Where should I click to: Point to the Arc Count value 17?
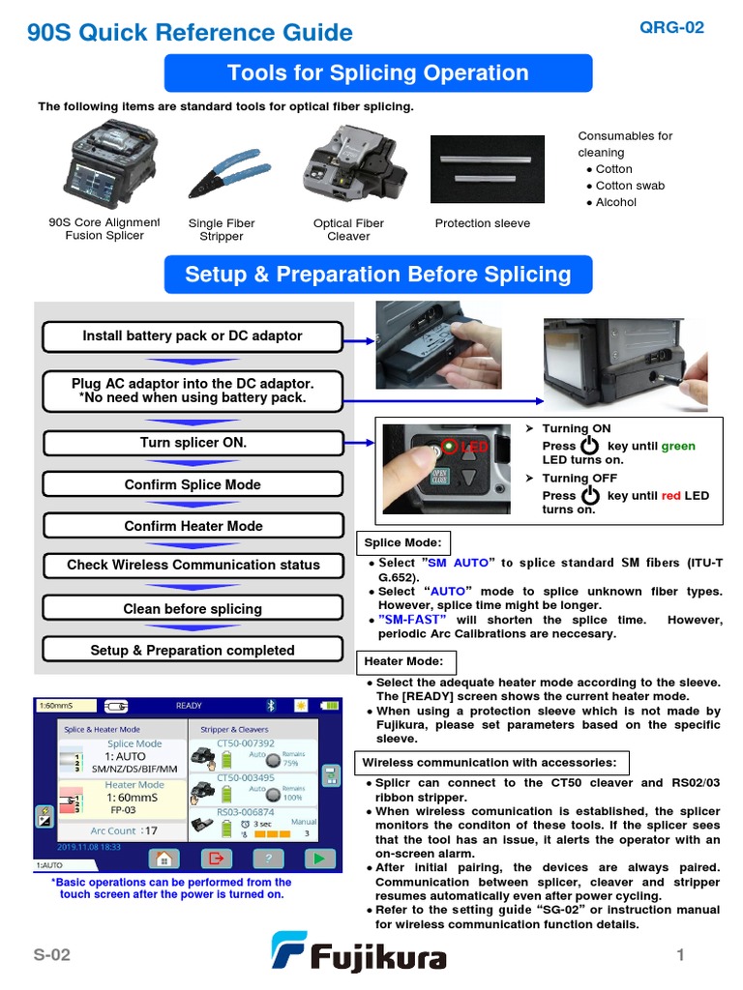pos(150,830)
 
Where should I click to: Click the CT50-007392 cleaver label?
pos(247,743)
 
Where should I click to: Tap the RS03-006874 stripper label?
pos(245,812)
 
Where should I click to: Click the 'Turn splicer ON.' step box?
pos(193,443)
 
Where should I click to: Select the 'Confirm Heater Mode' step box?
pos(193,526)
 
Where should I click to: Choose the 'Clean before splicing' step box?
pos(193,609)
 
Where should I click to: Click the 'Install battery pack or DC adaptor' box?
pos(193,336)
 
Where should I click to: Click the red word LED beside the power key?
pos(475,448)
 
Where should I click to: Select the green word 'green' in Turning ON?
pos(677,446)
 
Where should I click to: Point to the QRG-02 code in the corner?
pos(671,27)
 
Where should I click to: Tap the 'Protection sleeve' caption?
pos(482,223)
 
